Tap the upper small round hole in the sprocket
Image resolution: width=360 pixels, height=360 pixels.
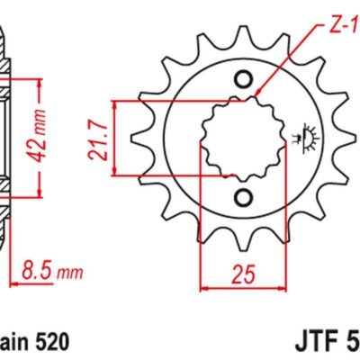(x=240, y=79)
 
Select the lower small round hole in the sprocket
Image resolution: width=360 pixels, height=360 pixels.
(x=240, y=195)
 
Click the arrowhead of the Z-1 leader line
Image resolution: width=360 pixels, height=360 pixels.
(x=257, y=94)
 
